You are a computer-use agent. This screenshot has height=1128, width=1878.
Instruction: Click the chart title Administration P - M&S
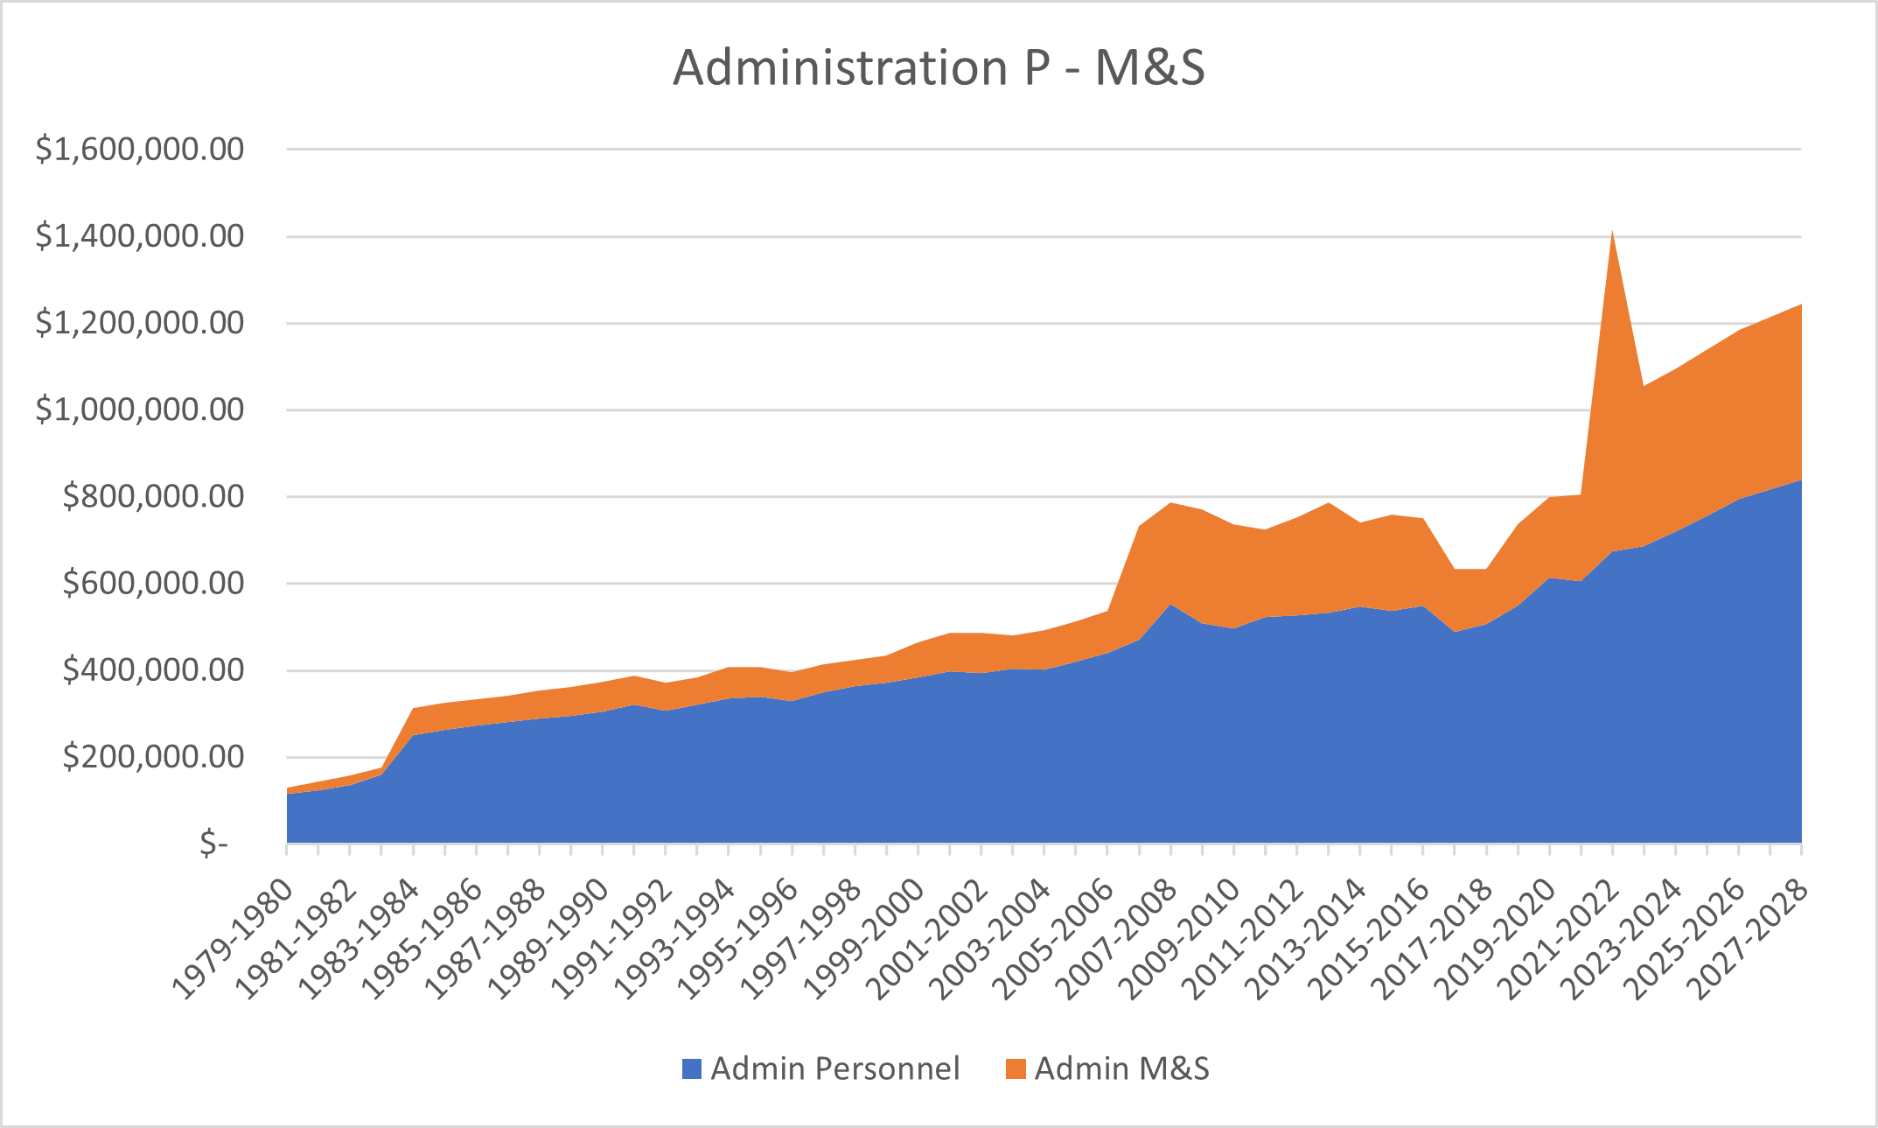tap(939, 67)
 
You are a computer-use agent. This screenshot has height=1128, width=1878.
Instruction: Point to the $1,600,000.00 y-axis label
tap(140, 150)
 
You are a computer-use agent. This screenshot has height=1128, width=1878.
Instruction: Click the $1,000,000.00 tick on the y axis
tap(140, 410)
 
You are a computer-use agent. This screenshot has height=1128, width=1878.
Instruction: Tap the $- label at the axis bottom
tap(213, 844)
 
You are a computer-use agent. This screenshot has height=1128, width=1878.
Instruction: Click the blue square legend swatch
tap(692, 1068)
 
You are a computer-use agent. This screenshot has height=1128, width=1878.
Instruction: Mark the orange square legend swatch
tap(1016, 1068)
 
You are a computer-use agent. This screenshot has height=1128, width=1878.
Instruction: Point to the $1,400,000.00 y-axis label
tap(140, 236)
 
